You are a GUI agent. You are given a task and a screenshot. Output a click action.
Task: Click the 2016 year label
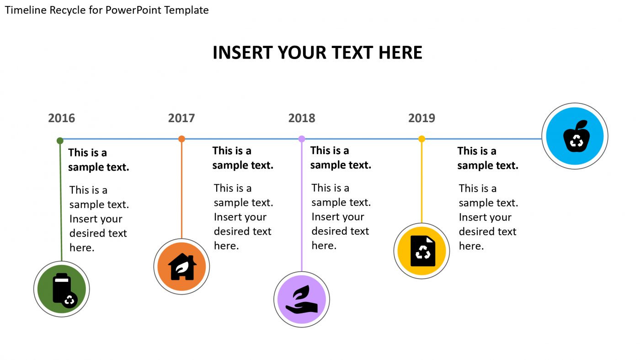[x=61, y=118]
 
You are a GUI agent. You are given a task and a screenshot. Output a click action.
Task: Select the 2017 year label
[x=181, y=118]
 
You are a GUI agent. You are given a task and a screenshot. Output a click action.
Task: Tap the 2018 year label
[x=302, y=118]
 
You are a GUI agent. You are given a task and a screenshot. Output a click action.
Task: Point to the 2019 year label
[x=421, y=118]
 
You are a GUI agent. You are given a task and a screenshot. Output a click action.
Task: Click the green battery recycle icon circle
[x=62, y=289]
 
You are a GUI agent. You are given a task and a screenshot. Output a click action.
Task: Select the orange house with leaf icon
[x=181, y=266]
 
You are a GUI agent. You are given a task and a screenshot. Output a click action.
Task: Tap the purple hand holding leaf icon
[x=302, y=300]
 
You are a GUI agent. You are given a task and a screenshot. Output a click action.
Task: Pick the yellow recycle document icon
[x=421, y=251]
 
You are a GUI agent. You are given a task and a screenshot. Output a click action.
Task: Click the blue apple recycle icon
[x=575, y=136]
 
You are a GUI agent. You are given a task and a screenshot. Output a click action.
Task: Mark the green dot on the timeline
[x=60, y=140]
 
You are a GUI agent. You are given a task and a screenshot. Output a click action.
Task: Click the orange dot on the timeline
[x=181, y=139]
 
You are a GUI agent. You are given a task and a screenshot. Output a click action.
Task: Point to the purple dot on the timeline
[x=302, y=139]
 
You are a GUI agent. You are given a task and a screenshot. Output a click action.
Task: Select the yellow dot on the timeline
[x=421, y=139]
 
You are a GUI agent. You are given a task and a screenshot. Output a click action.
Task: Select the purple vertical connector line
[x=302, y=206]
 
